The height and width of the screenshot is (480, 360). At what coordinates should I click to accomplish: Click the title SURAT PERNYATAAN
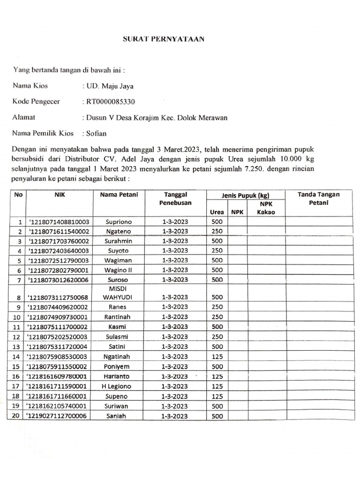click(x=163, y=39)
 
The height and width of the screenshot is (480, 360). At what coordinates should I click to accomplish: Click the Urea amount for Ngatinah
click(x=217, y=357)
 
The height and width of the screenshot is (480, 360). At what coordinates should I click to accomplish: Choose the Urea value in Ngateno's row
click(x=217, y=232)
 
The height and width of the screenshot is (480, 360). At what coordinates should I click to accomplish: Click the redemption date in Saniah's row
click(x=175, y=416)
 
